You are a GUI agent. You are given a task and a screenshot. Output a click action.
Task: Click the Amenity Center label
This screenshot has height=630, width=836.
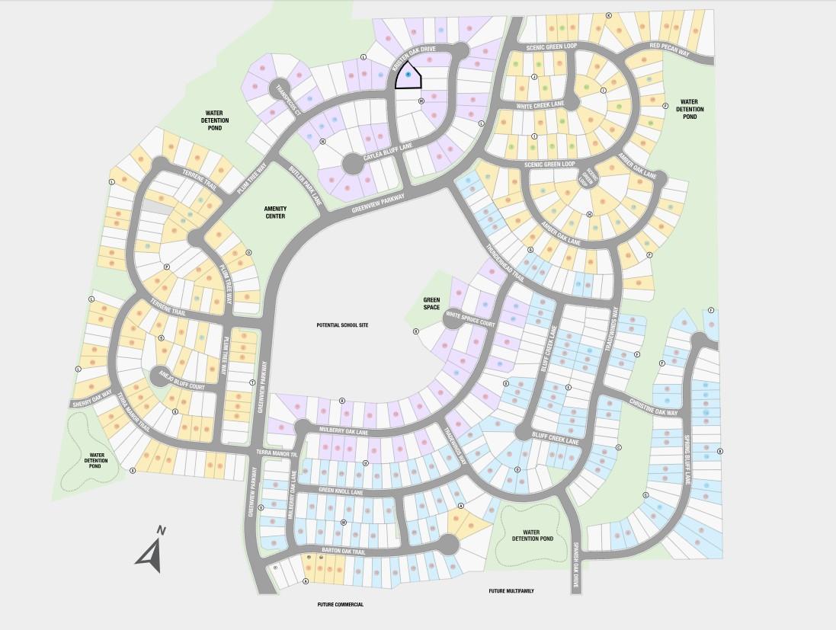pyautogui.click(x=274, y=212)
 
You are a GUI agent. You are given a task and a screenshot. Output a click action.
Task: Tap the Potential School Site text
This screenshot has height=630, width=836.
pyautogui.click(x=342, y=325)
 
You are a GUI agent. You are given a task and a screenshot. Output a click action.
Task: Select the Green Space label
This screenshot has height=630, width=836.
pyautogui.click(x=432, y=302)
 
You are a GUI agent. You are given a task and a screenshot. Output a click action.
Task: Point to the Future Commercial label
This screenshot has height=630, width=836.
pyautogui.click(x=341, y=604)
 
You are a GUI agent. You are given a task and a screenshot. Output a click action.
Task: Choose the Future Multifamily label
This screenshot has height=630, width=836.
pyautogui.click(x=511, y=590)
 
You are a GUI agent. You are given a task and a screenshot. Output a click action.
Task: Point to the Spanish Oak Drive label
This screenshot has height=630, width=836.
pyautogui.click(x=577, y=562)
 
